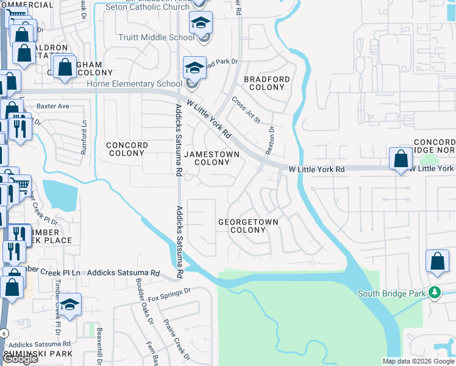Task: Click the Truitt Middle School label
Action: pyautogui.click(x=157, y=38)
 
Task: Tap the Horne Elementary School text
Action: pyautogui.click(x=134, y=84)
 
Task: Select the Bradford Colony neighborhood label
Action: pyautogui.click(x=266, y=83)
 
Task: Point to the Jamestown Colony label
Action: pyautogui.click(x=212, y=158)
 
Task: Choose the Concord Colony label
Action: pyautogui.click(x=127, y=149)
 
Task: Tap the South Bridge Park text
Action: pyautogui.click(x=391, y=294)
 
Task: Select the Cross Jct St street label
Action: pyautogui.click(x=246, y=110)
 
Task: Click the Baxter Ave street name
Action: pyautogui.click(x=53, y=106)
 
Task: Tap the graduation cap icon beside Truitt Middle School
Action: pyautogui.click(x=201, y=23)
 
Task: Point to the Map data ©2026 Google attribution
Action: pyautogui.click(x=418, y=361)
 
